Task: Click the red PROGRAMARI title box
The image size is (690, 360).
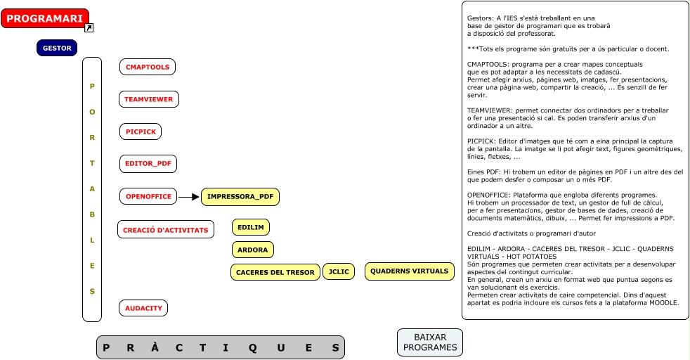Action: coord(45,18)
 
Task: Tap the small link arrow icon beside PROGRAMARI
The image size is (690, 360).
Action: coord(89,28)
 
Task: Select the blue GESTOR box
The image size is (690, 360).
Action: coord(57,49)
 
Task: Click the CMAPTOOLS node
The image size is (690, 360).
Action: coord(148,67)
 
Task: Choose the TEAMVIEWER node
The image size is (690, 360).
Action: coord(148,99)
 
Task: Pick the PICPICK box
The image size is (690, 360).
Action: coord(141,131)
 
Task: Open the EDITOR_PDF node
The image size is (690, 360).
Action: coord(148,164)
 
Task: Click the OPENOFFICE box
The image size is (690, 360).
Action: coord(148,197)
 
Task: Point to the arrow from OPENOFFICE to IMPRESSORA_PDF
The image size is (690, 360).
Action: coord(189,197)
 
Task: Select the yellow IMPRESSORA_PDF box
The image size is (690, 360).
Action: coord(240,197)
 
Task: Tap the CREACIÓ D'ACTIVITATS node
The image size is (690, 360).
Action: coord(165,230)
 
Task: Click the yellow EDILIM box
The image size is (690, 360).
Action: coord(251,227)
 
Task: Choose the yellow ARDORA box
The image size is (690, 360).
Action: coord(253,250)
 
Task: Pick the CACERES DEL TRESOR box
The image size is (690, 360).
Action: coord(275,272)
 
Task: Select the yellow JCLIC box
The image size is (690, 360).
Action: coord(339,271)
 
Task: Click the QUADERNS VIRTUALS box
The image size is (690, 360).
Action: coord(409,271)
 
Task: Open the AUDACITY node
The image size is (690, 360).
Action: coord(143,308)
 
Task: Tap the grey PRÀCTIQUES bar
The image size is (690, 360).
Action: coord(221,347)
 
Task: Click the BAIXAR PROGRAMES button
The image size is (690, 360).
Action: coord(430,342)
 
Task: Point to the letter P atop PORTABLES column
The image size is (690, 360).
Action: coord(92,86)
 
